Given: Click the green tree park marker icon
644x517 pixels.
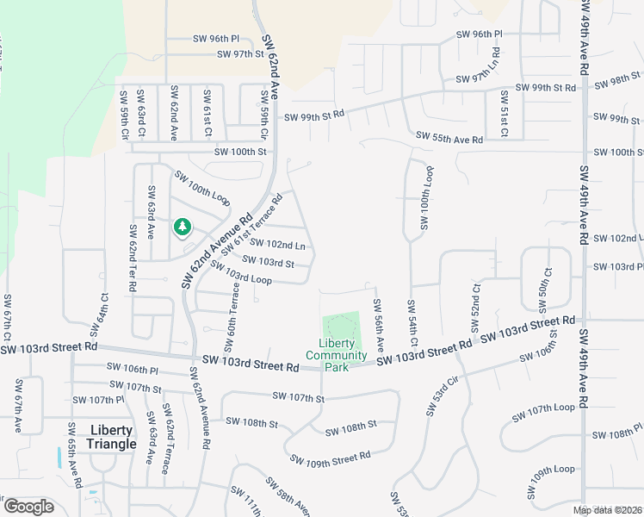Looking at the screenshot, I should tap(182, 227).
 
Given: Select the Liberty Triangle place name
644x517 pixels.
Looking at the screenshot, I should tap(111, 437).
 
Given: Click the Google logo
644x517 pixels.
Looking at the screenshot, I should tap(28, 507).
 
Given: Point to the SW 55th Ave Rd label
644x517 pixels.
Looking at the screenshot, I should tap(449, 138).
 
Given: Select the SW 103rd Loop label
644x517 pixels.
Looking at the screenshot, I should tap(241, 273).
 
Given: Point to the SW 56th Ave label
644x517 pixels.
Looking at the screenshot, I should tap(378, 324).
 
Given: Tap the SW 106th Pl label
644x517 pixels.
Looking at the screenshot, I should tap(133, 368).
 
